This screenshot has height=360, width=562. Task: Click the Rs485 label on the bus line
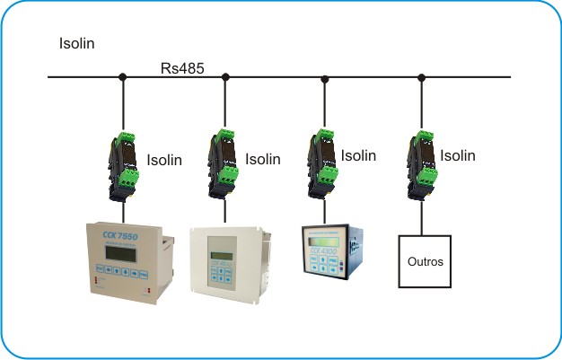(181, 68)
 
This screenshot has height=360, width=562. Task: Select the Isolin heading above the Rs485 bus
(77, 43)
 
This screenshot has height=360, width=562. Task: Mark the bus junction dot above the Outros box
(421, 78)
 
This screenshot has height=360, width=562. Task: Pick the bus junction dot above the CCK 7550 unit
(123, 78)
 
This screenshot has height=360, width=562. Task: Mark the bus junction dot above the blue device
(324, 78)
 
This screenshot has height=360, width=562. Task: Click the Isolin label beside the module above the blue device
(359, 155)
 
